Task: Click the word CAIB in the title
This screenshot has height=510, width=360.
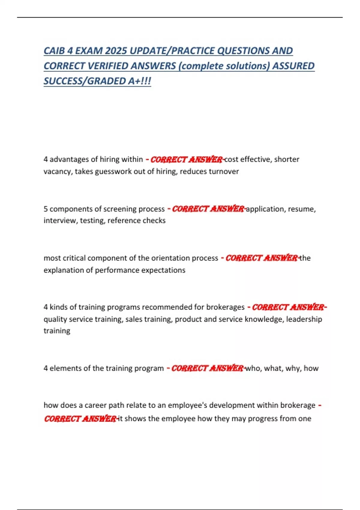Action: [54, 51]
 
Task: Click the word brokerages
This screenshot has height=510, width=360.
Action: [225, 307]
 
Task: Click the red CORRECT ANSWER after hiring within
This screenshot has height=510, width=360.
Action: [186, 160]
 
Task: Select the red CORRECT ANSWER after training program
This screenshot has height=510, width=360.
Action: [207, 368]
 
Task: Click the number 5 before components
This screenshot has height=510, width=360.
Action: [46, 209]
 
